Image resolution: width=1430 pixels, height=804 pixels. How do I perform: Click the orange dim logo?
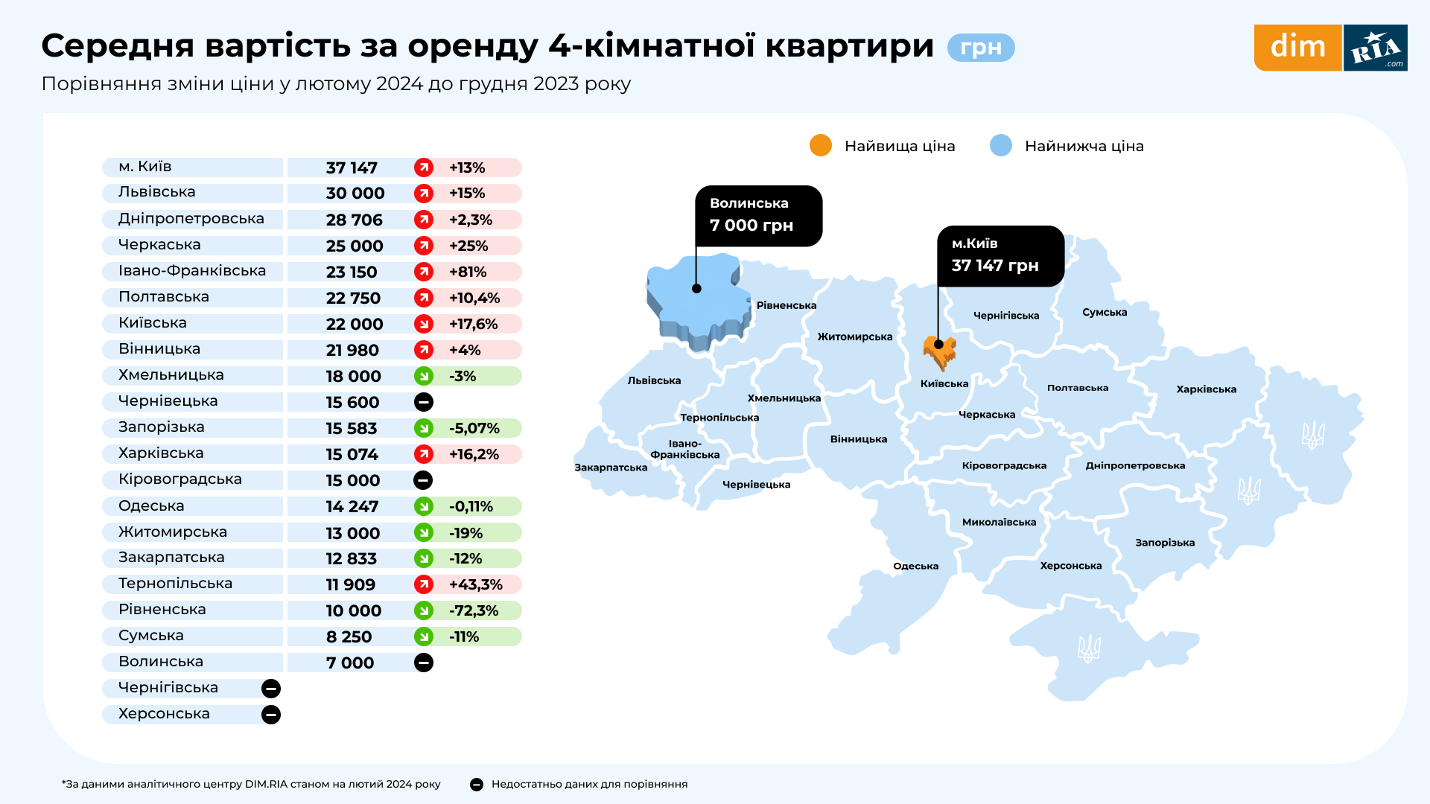[1297, 48]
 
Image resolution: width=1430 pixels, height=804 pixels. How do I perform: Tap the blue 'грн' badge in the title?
[980, 48]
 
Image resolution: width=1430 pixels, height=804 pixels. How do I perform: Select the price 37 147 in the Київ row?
[352, 168]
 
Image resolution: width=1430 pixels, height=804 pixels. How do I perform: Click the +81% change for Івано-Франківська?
[468, 272]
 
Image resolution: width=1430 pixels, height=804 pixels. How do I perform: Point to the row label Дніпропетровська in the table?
[191, 219]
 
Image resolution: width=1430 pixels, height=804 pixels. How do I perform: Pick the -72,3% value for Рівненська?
[474, 611]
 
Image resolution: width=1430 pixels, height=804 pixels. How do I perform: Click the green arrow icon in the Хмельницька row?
[424, 376]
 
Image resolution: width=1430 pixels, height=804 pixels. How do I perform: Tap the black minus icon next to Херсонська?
[271, 715]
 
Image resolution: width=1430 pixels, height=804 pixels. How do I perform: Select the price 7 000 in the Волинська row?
[350, 663]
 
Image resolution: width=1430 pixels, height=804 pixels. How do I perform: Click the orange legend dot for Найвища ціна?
[820, 146]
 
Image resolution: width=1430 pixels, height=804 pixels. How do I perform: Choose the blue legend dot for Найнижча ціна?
[1001, 146]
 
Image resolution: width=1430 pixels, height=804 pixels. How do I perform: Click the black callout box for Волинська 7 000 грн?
[758, 215]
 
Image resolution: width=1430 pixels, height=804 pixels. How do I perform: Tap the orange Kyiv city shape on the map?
[940, 352]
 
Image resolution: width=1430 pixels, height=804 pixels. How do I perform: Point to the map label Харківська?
[1206, 389]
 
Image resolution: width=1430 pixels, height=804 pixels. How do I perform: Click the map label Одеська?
[915, 567]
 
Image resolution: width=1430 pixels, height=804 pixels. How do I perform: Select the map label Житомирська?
[854, 337]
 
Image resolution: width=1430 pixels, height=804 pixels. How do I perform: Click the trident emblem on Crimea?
[1089, 648]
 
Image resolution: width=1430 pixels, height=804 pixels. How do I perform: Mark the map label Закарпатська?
[611, 468]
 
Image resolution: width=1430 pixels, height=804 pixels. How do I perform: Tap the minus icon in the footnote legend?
[477, 785]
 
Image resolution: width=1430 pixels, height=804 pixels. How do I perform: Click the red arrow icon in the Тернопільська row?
[424, 584]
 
